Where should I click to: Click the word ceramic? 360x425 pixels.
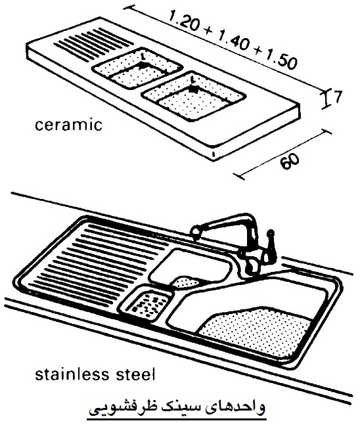pyautogui.click(x=68, y=125)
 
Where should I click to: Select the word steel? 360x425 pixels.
pyautogui.click(x=132, y=374)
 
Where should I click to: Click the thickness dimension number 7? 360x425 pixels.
pyautogui.click(x=337, y=97)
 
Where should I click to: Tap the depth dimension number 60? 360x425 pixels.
pyautogui.click(x=290, y=162)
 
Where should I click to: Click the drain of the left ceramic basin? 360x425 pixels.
pyautogui.click(x=143, y=65)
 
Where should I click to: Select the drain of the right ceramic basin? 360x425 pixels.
pyautogui.click(x=192, y=89)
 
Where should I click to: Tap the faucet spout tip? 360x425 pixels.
pyautogui.click(x=194, y=233)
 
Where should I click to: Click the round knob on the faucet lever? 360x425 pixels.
pyautogui.click(x=271, y=233)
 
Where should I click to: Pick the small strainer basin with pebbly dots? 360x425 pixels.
pyautogui.click(x=146, y=303)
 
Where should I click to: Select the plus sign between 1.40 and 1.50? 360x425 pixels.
pyautogui.click(x=257, y=53)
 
